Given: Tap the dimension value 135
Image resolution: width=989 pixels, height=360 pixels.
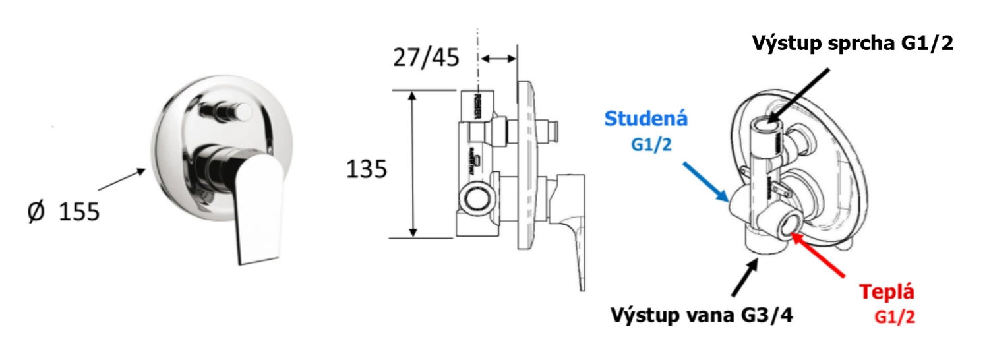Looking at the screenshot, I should point(367,169).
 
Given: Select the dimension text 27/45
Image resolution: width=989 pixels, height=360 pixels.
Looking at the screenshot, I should point(426,58).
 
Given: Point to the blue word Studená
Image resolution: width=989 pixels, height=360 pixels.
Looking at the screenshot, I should point(646,119).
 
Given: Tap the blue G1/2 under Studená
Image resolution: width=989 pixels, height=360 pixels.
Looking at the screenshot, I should point(651,144).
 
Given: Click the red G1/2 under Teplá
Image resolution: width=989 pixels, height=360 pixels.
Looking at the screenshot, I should point(895,318).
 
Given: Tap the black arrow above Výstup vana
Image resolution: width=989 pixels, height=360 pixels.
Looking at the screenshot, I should point(745,279).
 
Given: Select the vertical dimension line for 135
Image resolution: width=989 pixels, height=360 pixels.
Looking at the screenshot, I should point(413,164).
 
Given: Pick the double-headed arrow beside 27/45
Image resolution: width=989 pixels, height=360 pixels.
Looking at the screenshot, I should point(499,59).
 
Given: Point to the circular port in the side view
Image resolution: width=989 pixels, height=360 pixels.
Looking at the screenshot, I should point(476,197).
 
